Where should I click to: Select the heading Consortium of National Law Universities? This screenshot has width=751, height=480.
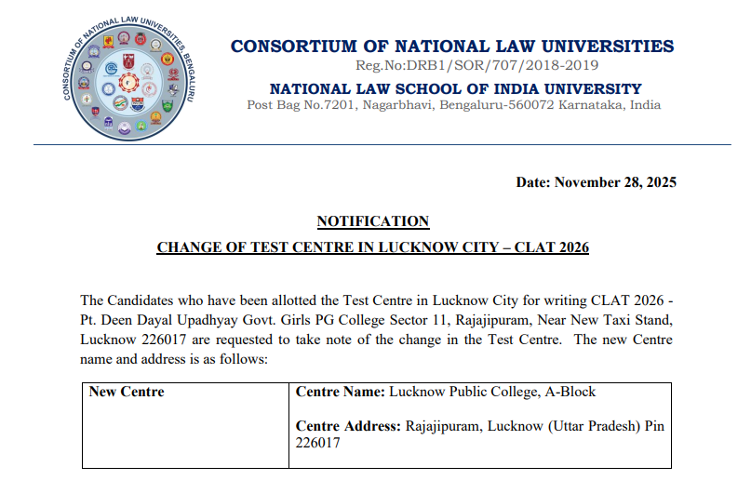[452, 46]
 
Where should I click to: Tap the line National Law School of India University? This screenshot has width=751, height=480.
[455, 89]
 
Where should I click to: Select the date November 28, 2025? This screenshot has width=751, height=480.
[615, 182]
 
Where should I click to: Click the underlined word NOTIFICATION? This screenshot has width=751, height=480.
[373, 221]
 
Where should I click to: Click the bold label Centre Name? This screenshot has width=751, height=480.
[340, 392]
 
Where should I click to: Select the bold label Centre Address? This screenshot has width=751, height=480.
[349, 426]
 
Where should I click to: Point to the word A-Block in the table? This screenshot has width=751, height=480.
[570, 392]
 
